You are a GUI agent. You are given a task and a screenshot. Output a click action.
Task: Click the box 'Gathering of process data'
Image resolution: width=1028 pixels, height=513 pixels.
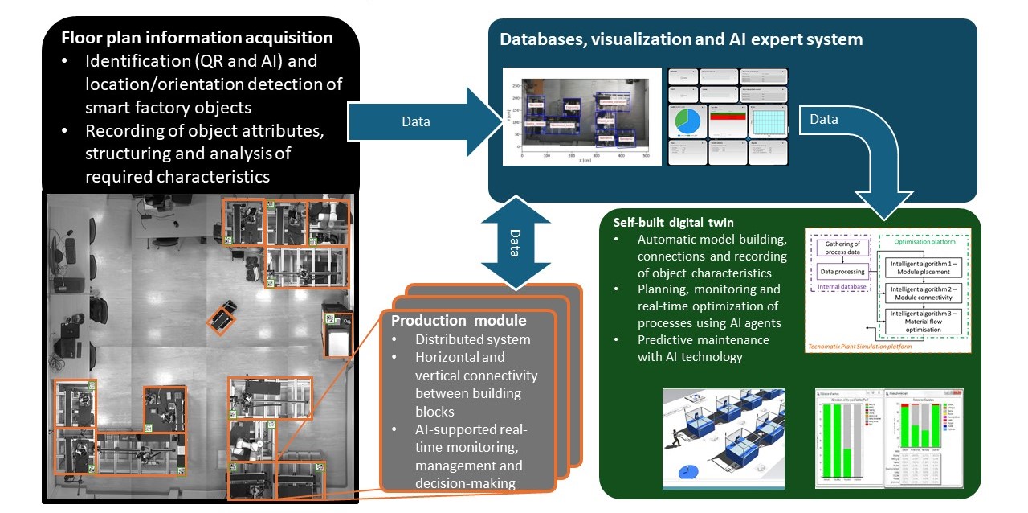(840, 248)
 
